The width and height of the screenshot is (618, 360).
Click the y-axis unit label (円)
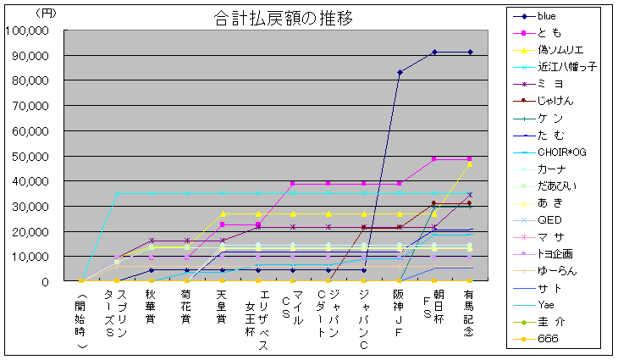point(47,12)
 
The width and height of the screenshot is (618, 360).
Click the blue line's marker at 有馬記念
point(469,53)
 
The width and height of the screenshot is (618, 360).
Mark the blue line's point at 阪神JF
point(399,72)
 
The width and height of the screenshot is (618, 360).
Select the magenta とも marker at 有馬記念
point(469,159)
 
